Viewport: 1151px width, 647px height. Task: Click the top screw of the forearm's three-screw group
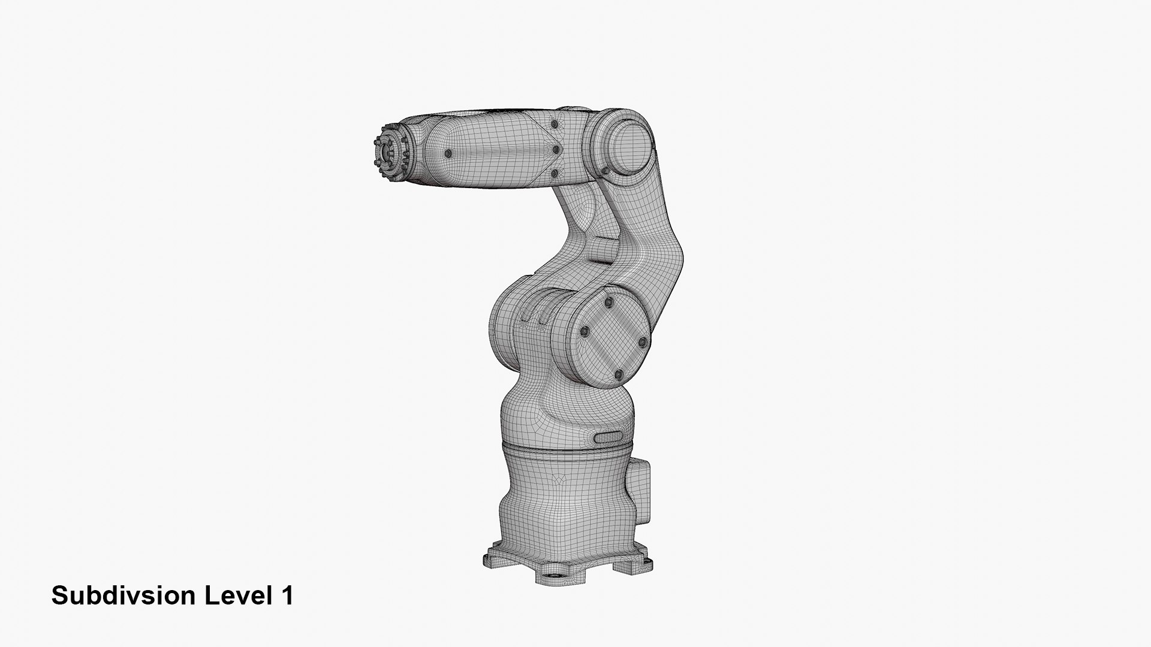coord(555,124)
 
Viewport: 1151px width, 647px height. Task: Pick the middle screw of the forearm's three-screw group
coord(555,149)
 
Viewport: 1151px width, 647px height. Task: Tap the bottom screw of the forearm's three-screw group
coord(555,173)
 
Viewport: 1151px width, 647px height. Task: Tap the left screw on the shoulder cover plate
coord(584,331)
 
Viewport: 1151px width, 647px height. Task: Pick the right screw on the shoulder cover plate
coord(643,342)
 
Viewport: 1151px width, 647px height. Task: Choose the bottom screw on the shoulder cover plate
coord(619,375)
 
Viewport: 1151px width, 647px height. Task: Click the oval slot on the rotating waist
coord(608,437)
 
